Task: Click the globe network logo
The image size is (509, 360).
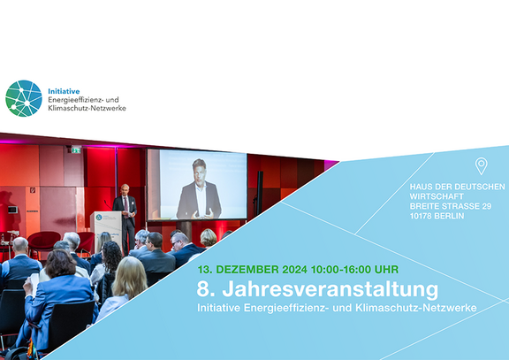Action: [x=24, y=98]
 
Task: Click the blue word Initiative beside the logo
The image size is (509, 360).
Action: [x=64, y=91]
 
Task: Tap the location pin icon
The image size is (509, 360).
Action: [x=481, y=166]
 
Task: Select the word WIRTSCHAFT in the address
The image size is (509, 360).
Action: [x=437, y=196]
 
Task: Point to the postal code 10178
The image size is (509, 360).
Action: [x=421, y=216]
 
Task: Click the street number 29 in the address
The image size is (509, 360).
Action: [x=487, y=206]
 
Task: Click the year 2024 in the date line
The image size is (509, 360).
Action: [x=294, y=270]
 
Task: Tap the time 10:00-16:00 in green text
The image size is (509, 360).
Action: [x=341, y=270]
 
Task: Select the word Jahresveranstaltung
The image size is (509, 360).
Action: [x=330, y=289]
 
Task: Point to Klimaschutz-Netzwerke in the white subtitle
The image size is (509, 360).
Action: [x=416, y=308]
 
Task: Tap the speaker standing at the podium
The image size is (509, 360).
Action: [x=125, y=218]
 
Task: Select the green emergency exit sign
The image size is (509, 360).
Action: [x=76, y=149]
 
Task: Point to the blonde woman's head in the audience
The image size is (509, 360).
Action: [x=129, y=277]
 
